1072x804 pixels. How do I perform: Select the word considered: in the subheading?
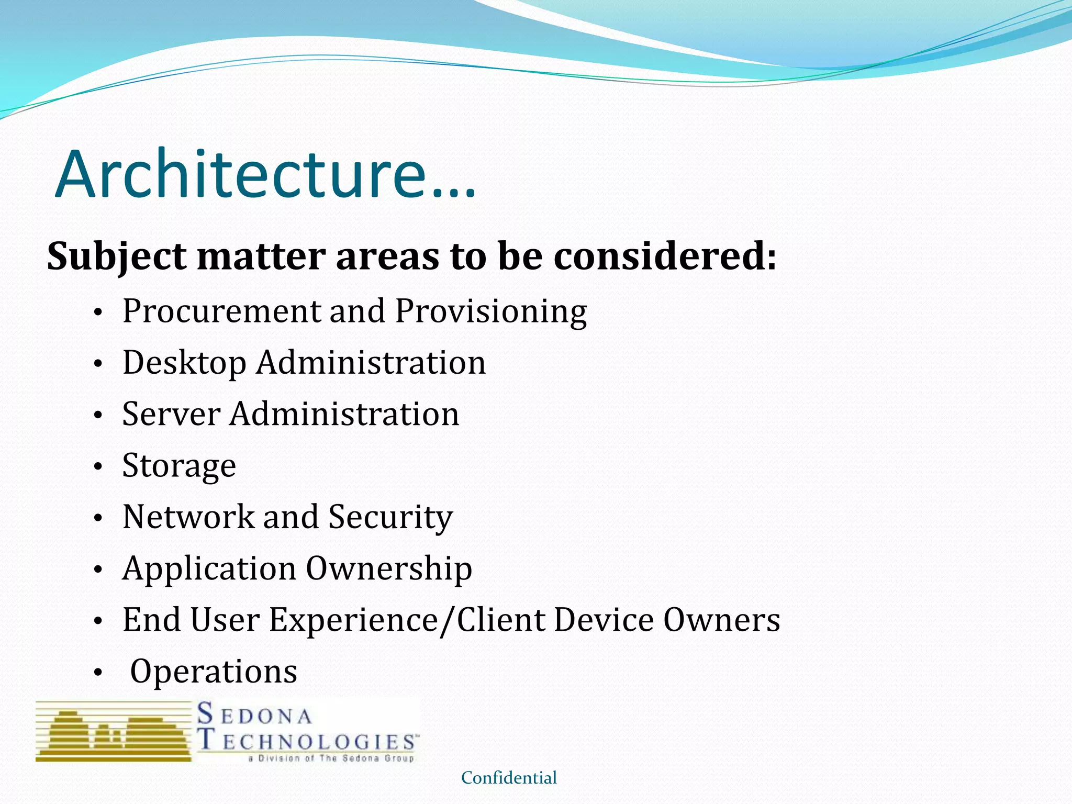click(665, 256)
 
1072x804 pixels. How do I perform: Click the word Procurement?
click(221, 311)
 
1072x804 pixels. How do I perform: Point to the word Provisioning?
click(490, 311)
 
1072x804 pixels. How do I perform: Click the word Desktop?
click(184, 363)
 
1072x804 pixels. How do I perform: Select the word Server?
click(171, 414)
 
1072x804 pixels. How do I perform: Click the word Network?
click(188, 517)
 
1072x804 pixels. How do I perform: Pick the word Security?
click(390, 517)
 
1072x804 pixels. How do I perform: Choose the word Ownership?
click(389, 568)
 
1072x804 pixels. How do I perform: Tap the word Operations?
click(214, 672)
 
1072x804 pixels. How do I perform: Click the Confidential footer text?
click(509, 778)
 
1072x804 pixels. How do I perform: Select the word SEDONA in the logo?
click(255, 715)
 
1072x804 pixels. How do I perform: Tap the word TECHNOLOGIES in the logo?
click(308, 741)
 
